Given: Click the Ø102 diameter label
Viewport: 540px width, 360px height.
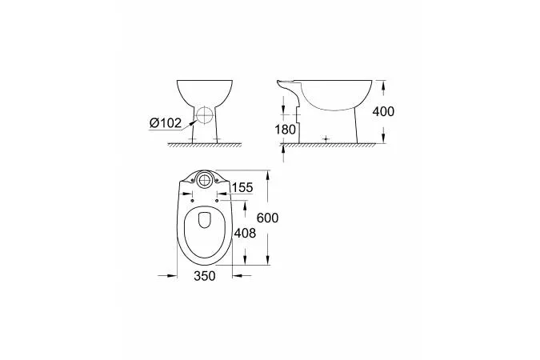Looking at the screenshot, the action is click(x=166, y=122).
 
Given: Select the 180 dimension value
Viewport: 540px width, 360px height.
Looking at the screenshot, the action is click(x=285, y=130).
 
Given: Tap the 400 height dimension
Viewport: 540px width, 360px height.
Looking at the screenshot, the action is click(x=383, y=112).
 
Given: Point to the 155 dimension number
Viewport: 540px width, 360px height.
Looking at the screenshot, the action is click(x=242, y=188).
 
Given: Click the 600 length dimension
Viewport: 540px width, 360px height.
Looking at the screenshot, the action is click(x=267, y=218).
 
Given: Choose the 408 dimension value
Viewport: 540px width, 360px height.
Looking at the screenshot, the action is click(x=245, y=234).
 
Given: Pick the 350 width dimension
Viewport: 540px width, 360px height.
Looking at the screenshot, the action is click(x=205, y=275).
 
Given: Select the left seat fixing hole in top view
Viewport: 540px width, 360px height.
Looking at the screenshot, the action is click(x=192, y=201).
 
